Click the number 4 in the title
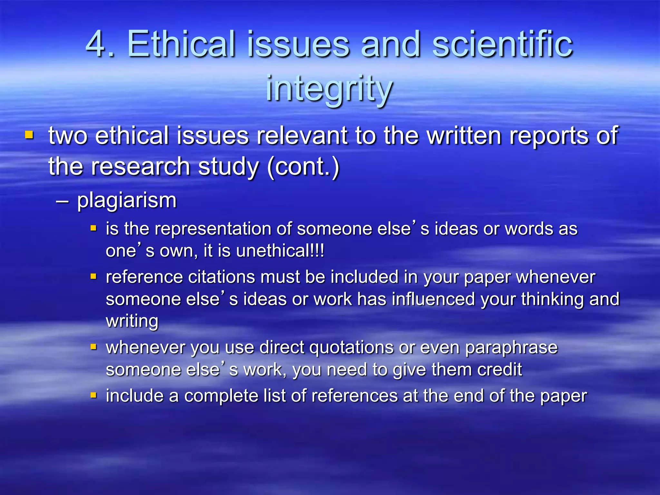point(96,44)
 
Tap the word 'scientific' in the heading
point(502,44)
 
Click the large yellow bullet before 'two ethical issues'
point(29,134)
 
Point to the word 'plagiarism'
point(127,200)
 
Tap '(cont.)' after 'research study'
point(303,167)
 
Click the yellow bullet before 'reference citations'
point(94,277)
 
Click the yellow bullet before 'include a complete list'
point(94,395)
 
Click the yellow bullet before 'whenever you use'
point(94,347)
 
